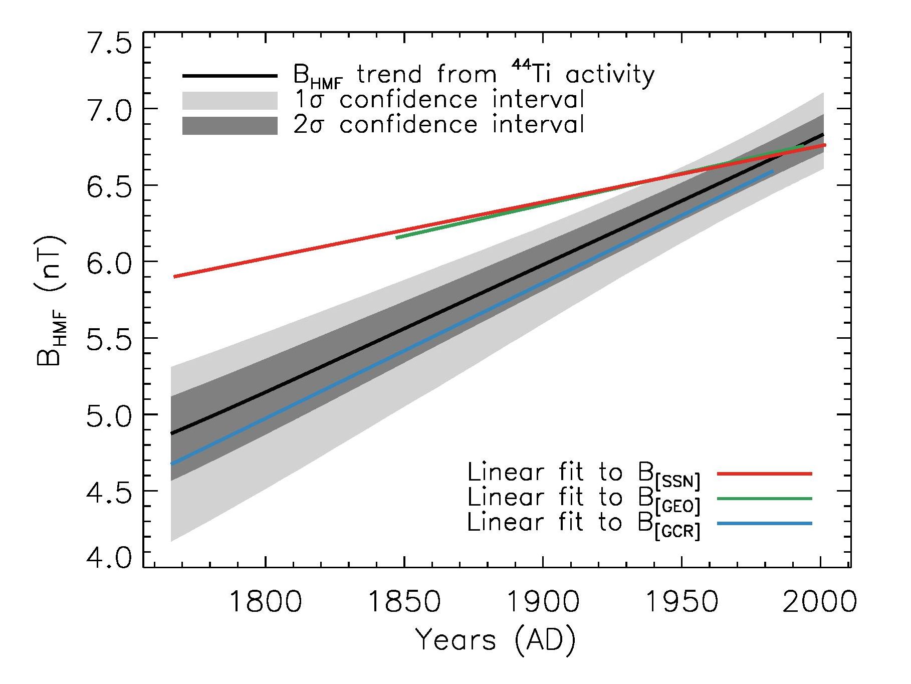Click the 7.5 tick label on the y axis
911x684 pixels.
109,45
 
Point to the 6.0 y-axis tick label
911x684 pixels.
109,262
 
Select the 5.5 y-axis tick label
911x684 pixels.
109,338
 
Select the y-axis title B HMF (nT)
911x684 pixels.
50,300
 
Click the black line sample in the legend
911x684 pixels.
230,76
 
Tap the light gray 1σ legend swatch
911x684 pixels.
230,100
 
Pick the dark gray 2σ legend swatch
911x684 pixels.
230,125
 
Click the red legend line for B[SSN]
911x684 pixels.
764,473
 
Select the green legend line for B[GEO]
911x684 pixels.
764,498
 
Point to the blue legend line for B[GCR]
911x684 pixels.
764,524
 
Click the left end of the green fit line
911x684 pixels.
397,238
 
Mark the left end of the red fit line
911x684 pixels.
174,277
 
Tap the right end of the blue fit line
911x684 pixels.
772,172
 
